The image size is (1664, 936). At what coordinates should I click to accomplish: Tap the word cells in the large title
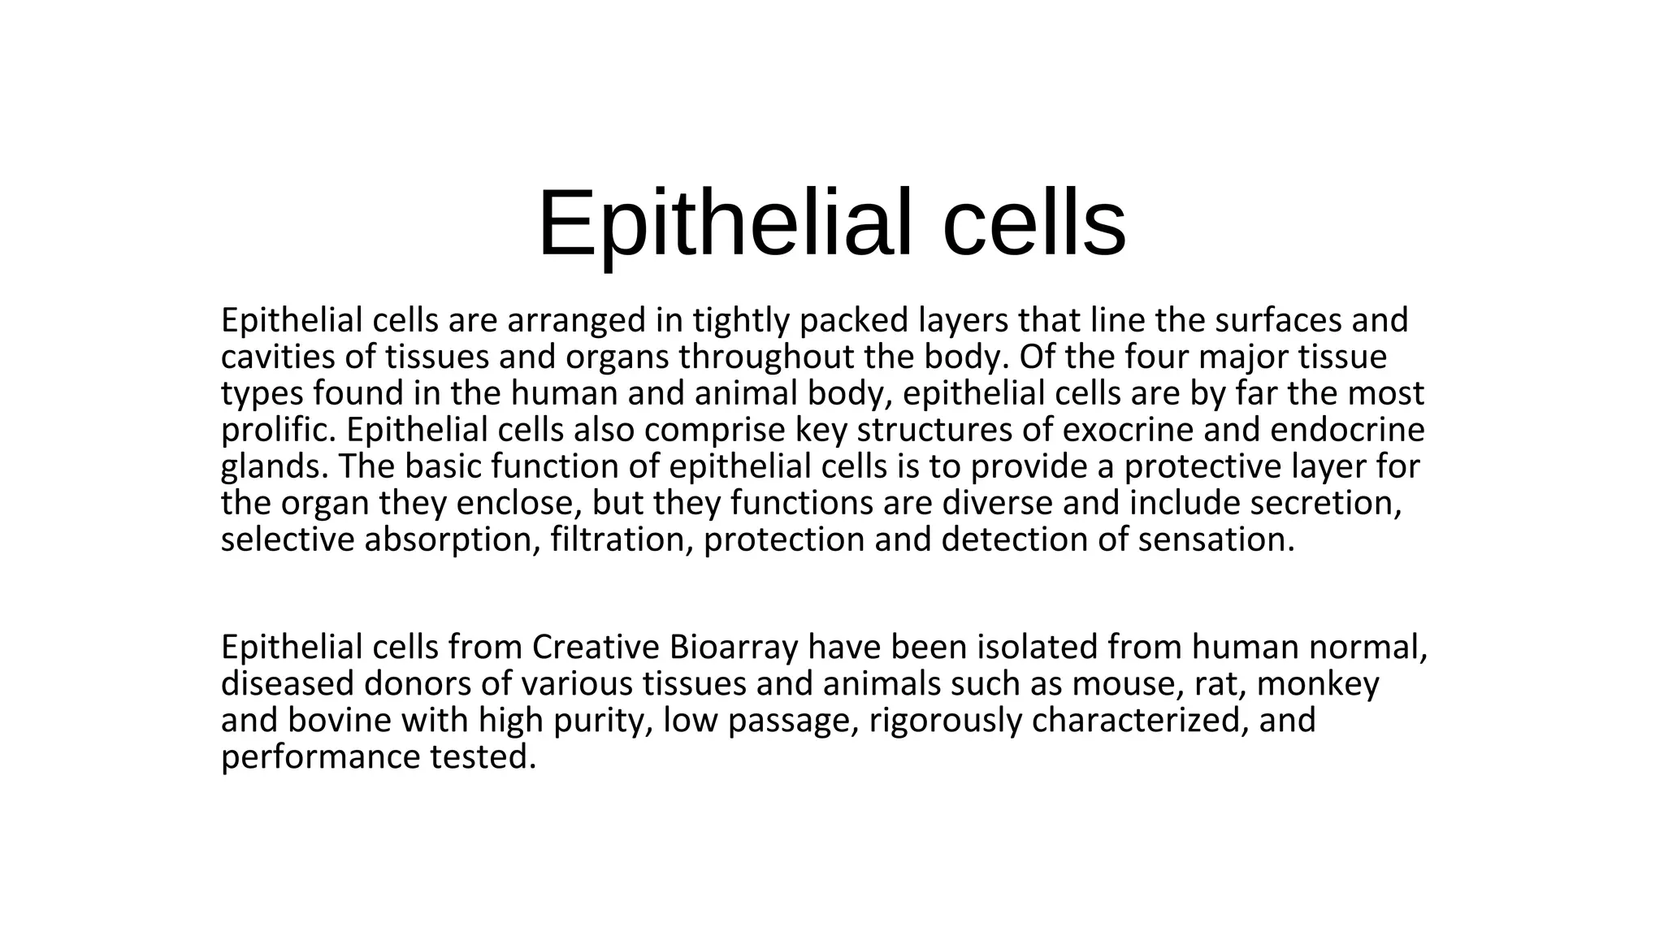click(1033, 223)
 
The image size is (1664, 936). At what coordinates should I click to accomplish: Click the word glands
click(274, 467)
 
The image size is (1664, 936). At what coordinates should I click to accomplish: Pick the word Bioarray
click(734, 648)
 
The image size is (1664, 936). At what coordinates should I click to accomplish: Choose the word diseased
click(287, 684)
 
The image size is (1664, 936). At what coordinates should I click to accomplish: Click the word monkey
click(1318, 684)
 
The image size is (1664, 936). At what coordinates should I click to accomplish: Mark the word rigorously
click(945, 721)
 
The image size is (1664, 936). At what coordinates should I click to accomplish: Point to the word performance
click(319, 757)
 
